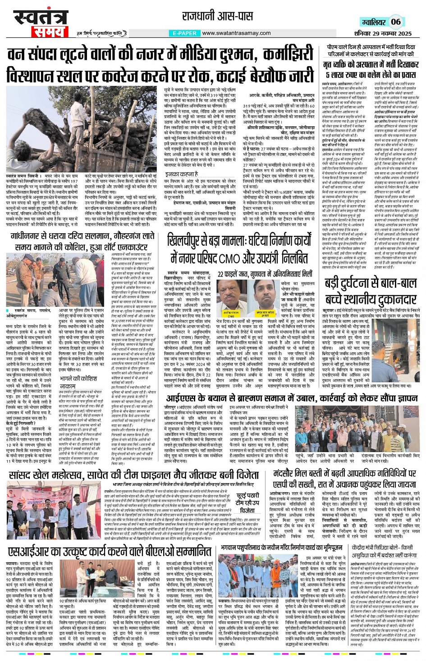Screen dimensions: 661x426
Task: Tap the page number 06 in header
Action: point(395,22)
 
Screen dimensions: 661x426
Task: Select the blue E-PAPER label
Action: point(184,33)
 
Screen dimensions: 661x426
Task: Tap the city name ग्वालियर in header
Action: point(374,22)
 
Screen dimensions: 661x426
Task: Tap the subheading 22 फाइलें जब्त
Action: point(265,273)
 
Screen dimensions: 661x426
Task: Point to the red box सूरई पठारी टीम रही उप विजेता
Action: point(247,503)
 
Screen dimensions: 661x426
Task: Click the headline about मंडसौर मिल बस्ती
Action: point(345,478)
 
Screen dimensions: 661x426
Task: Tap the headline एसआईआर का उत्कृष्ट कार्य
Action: point(110,552)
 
